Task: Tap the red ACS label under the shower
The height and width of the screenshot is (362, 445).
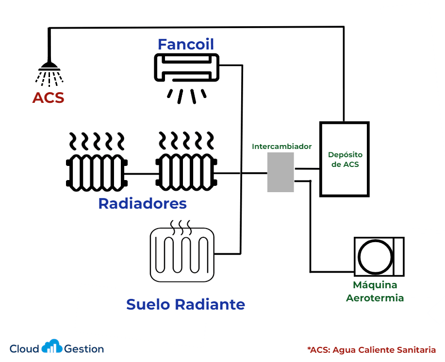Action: (x=48, y=98)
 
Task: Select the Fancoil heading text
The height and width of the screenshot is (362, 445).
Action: (x=186, y=45)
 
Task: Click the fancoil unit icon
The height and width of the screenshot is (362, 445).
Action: (x=186, y=68)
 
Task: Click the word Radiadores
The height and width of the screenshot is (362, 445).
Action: (x=142, y=203)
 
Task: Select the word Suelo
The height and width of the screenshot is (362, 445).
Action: (x=148, y=304)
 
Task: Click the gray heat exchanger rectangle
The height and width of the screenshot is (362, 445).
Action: (x=280, y=172)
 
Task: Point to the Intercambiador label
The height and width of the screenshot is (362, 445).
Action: (x=281, y=146)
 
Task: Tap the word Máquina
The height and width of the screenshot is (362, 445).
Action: (x=375, y=285)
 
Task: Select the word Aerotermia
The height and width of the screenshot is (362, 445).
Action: (x=375, y=298)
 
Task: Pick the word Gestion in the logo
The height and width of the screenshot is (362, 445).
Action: (x=84, y=349)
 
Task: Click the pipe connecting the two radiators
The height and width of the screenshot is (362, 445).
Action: (x=141, y=173)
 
